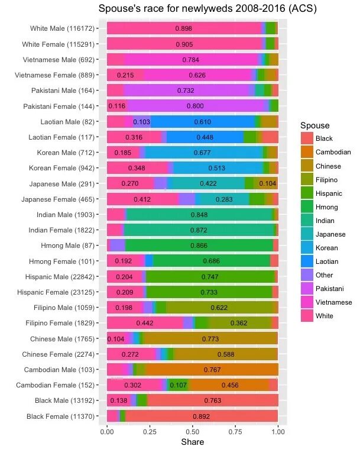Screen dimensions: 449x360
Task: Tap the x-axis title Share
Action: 192,442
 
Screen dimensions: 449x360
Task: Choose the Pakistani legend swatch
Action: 307,289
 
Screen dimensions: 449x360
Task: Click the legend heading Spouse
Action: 314,125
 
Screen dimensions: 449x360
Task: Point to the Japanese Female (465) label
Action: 61,199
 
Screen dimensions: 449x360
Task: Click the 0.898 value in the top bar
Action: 184,28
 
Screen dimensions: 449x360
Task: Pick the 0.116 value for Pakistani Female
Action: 117,106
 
